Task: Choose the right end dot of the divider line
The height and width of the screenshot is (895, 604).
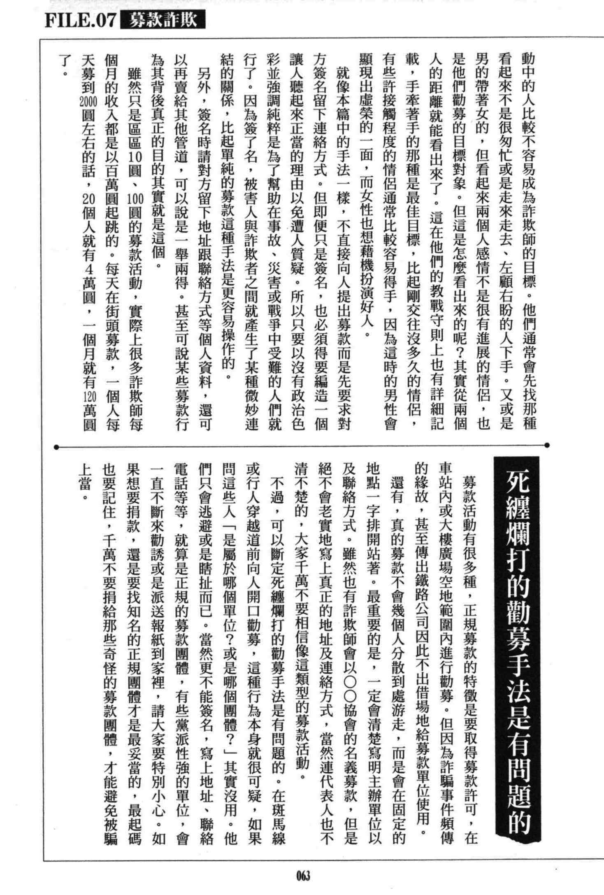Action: (547, 445)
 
